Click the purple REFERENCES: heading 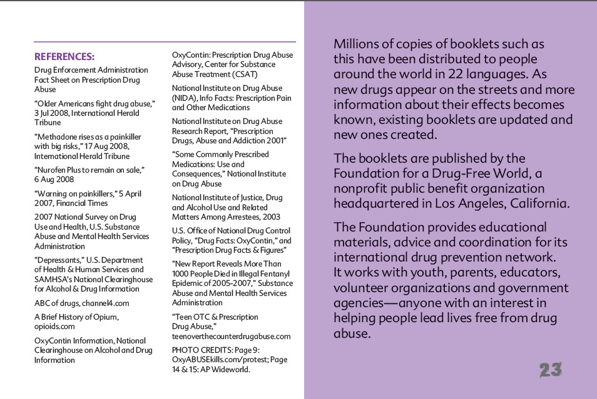64,56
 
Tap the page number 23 551,370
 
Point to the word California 538,203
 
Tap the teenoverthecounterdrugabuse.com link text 231,336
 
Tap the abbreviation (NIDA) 186,98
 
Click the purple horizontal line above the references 165,42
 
